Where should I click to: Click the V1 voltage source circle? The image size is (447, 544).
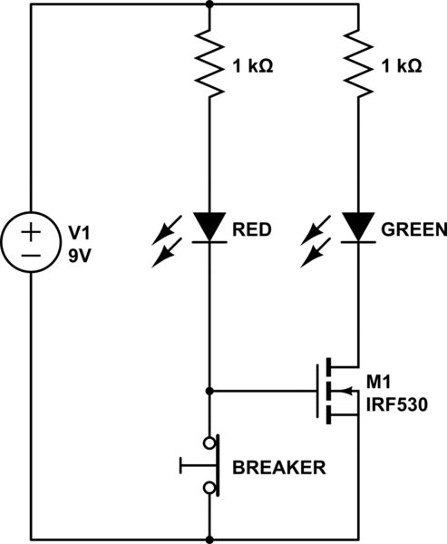point(30,243)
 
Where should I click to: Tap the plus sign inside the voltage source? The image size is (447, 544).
point(30,231)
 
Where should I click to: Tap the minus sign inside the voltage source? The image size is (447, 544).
point(30,256)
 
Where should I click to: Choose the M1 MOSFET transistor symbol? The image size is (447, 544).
point(334,391)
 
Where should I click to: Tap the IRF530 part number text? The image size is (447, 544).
point(396,403)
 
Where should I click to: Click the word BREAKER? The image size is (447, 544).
point(278,468)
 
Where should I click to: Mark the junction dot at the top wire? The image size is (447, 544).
point(209,5)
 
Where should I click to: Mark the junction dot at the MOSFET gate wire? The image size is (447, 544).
point(209,391)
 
